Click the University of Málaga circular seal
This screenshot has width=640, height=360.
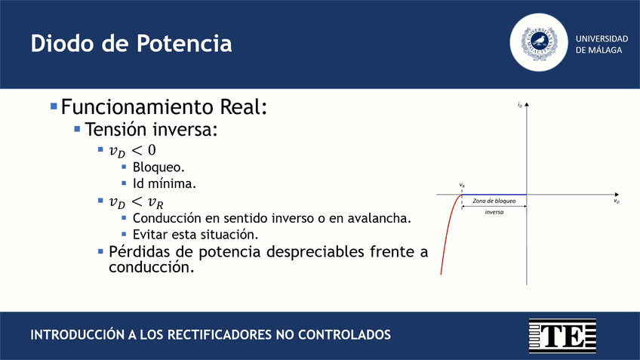(x=539, y=43)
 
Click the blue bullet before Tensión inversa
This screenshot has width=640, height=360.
(x=77, y=129)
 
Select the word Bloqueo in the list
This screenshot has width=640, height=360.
(x=158, y=167)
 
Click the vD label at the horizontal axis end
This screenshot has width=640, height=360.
(x=616, y=202)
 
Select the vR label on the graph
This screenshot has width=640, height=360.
(x=462, y=185)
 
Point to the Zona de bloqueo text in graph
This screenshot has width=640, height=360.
(x=494, y=202)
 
